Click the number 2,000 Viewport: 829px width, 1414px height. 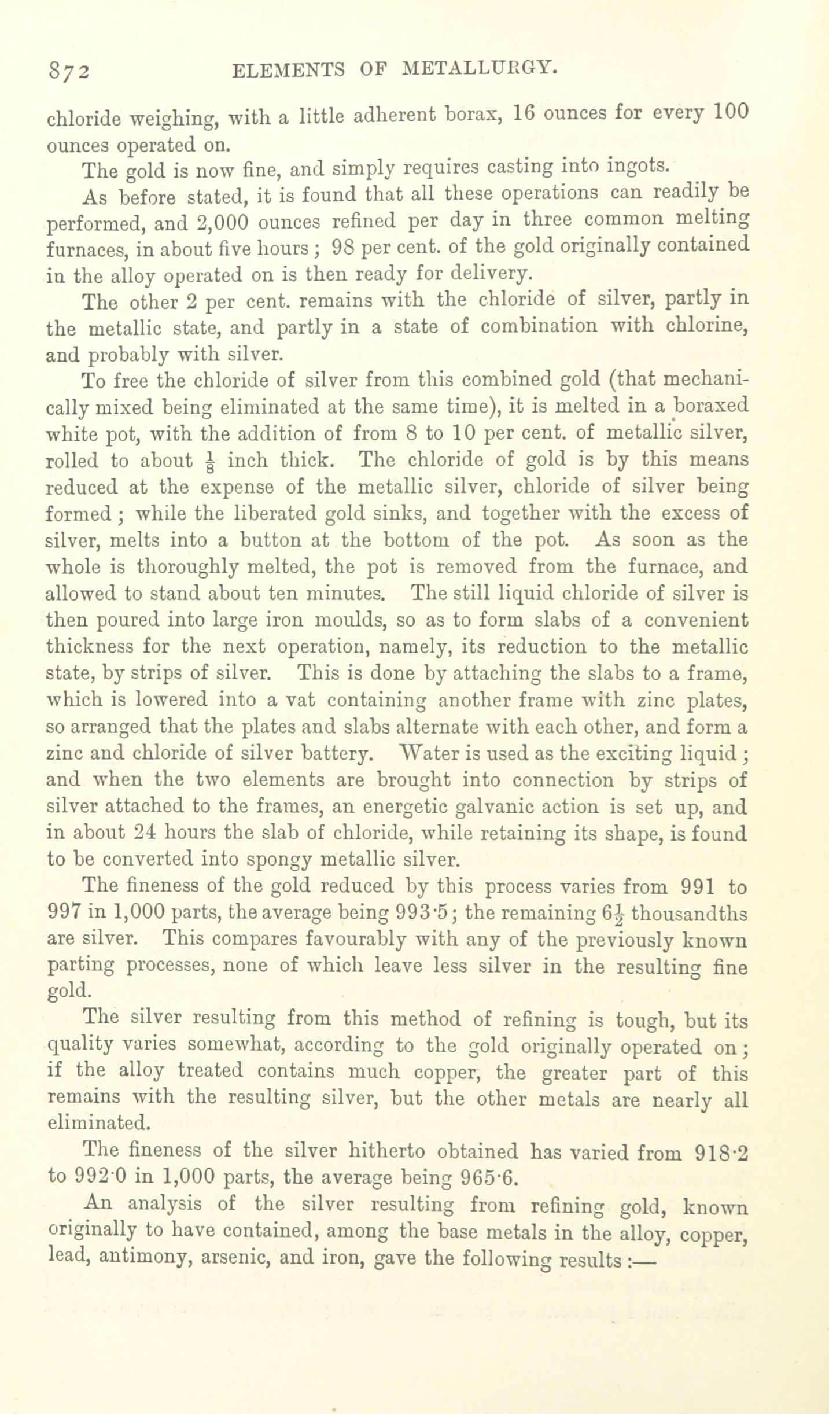pos(222,222)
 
